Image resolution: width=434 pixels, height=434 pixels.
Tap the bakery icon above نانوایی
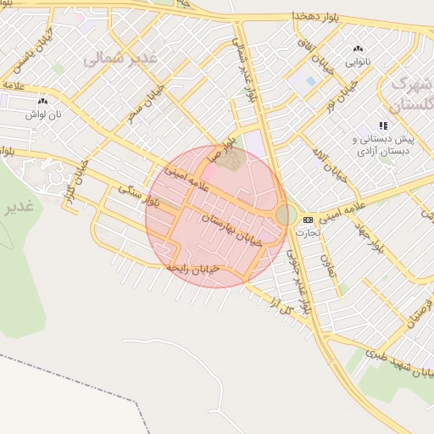pyautogui.click(x=357, y=49)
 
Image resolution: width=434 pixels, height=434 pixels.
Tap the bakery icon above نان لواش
pyautogui.click(x=42, y=101)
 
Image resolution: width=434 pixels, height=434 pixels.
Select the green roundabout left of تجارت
pyautogui.click(x=287, y=215)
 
